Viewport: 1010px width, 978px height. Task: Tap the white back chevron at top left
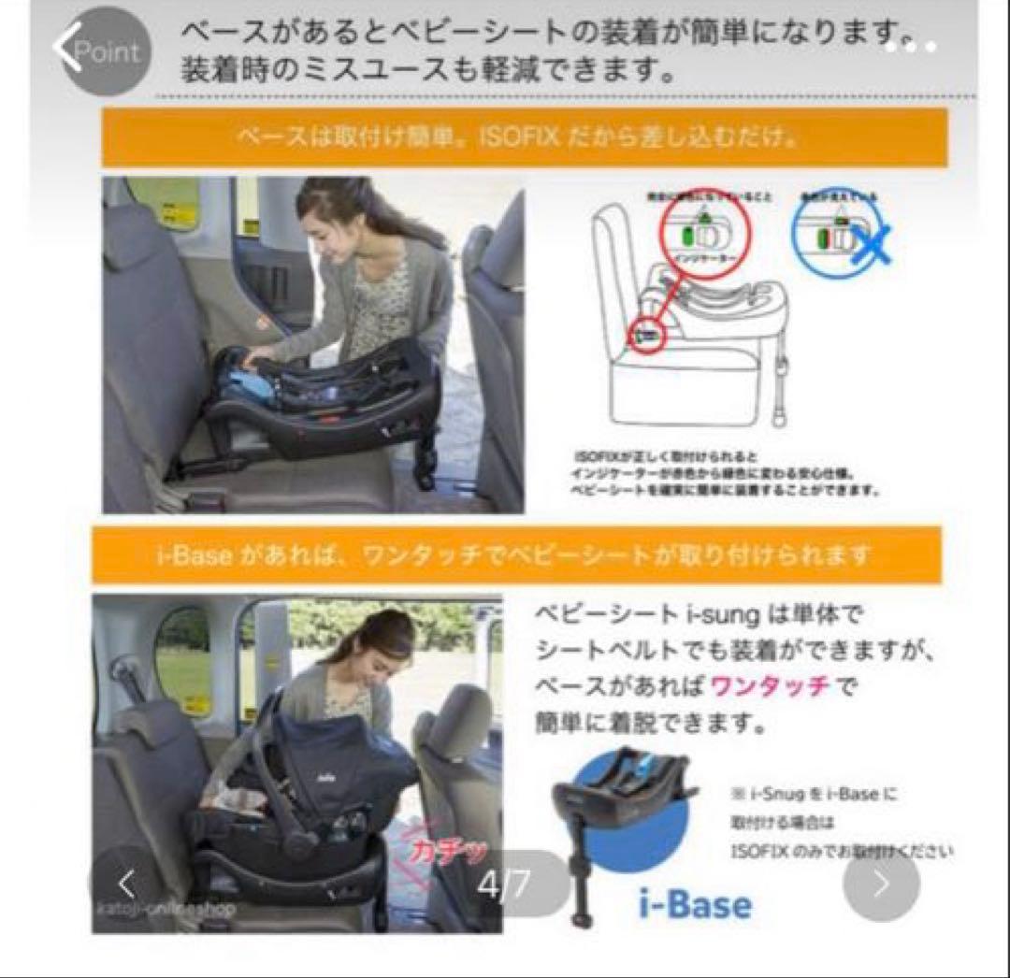[65, 49]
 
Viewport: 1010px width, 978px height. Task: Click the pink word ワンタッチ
[770, 685]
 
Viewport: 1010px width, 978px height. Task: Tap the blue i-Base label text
[696, 903]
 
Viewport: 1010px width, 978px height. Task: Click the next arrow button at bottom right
[881, 884]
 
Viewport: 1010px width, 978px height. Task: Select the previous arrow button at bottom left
[127, 884]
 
